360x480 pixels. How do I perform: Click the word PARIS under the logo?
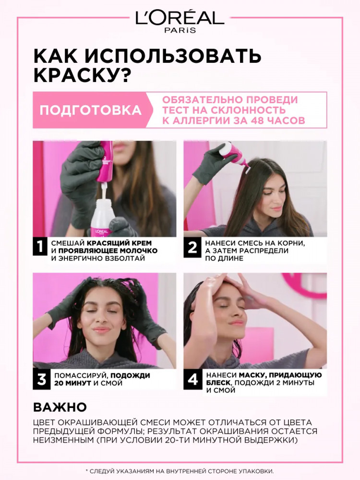tap(180, 30)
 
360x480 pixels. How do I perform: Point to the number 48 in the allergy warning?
tap(257, 120)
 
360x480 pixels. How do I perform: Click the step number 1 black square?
tap(40, 246)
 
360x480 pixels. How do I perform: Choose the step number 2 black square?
tap(192, 247)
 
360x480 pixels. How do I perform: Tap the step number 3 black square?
tap(41, 379)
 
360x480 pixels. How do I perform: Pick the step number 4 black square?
tap(192, 380)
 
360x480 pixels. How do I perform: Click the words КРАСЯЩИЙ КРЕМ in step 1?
tap(119, 243)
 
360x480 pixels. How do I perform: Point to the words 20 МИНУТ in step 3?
tap(73, 383)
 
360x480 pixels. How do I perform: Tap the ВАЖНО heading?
tap(60, 407)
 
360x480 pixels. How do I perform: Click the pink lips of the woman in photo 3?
tap(102, 330)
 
